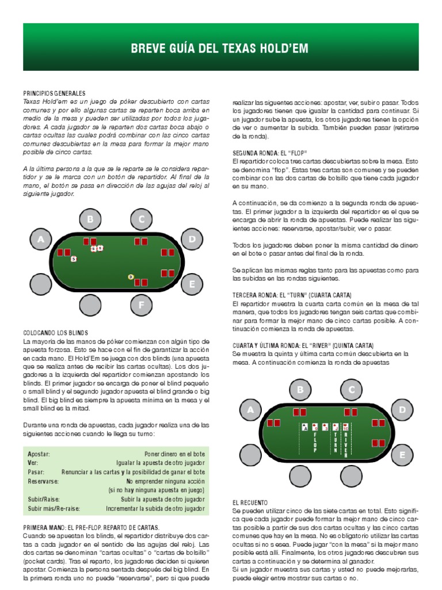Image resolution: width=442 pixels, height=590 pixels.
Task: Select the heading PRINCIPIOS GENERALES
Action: tap(54, 93)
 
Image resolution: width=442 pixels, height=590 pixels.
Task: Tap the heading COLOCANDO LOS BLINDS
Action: tap(55, 334)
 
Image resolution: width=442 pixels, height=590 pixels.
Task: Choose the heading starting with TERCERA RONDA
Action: tap(299, 294)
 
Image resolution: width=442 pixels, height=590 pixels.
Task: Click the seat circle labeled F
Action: tap(140, 305)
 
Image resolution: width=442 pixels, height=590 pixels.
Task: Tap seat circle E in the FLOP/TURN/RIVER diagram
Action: tap(403, 455)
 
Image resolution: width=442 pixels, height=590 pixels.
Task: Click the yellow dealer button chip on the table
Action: tap(131, 277)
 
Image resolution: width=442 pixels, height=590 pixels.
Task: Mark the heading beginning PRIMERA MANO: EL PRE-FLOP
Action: tap(91, 527)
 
